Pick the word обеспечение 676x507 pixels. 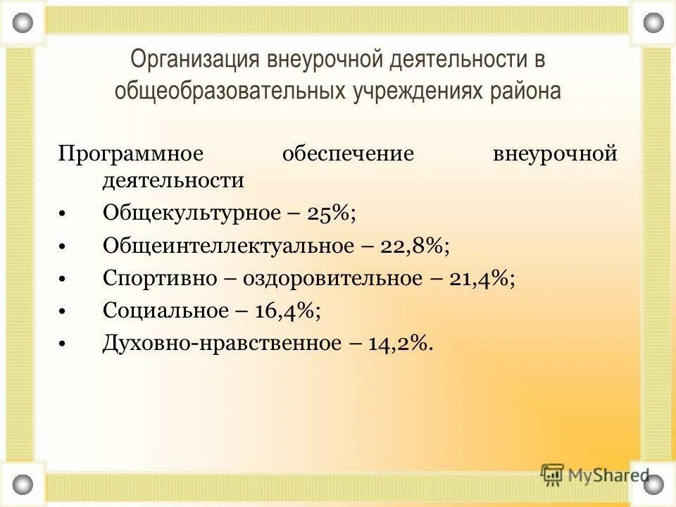click(347, 154)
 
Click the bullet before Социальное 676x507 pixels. click(63, 311)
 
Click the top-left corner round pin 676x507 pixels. click(23, 23)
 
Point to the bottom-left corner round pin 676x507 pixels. click(23, 484)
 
